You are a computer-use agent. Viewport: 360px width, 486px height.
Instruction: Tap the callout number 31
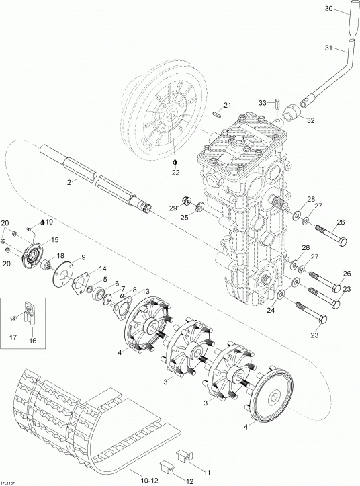[x=328, y=48]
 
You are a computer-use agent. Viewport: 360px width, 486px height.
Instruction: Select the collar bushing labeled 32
[x=291, y=114]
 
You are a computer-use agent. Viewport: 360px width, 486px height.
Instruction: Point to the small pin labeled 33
[x=277, y=104]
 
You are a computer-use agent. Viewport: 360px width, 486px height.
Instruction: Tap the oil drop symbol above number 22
[x=176, y=162]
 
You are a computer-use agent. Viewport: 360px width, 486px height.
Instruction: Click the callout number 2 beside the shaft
[x=69, y=182]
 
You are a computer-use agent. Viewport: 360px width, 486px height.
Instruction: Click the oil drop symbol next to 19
[x=42, y=222]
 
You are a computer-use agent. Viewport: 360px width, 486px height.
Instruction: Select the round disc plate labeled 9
[x=63, y=272]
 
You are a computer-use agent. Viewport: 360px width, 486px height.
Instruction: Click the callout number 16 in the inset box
[x=32, y=341]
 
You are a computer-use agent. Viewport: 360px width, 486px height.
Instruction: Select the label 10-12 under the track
[x=150, y=481]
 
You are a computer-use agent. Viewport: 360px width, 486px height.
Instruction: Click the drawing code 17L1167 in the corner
[x=8, y=483]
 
